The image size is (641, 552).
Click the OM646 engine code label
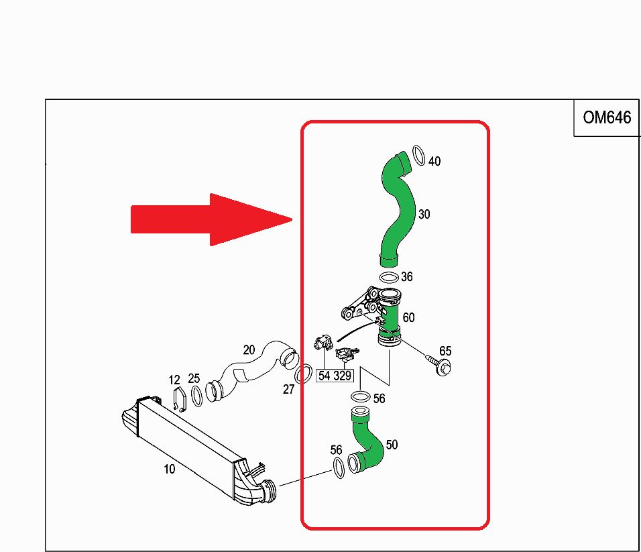pyautogui.click(x=607, y=117)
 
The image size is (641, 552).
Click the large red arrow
pyautogui.click(x=211, y=219)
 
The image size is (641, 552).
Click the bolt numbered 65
pyautogui.click(x=439, y=365)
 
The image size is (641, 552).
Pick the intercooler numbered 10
pyautogui.click(x=198, y=452)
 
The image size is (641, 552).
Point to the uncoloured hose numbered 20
pyautogui.click(x=253, y=371)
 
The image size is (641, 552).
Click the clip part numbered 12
pyautogui.click(x=179, y=400)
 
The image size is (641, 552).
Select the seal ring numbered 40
pyautogui.click(x=419, y=156)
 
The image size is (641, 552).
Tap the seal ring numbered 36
pyautogui.click(x=389, y=278)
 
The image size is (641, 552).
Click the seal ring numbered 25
pyautogui.click(x=196, y=396)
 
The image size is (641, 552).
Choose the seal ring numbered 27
pyautogui.click(x=303, y=374)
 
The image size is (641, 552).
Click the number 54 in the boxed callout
pyautogui.click(x=324, y=376)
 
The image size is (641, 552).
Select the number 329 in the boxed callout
pyautogui.click(x=342, y=376)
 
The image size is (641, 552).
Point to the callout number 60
pyautogui.click(x=408, y=317)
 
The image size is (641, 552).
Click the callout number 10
pyautogui.click(x=169, y=469)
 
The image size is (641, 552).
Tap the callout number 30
pyautogui.click(x=424, y=214)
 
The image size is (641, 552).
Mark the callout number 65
pyautogui.click(x=445, y=351)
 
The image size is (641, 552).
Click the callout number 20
pyautogui.click(x=249, y=350)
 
